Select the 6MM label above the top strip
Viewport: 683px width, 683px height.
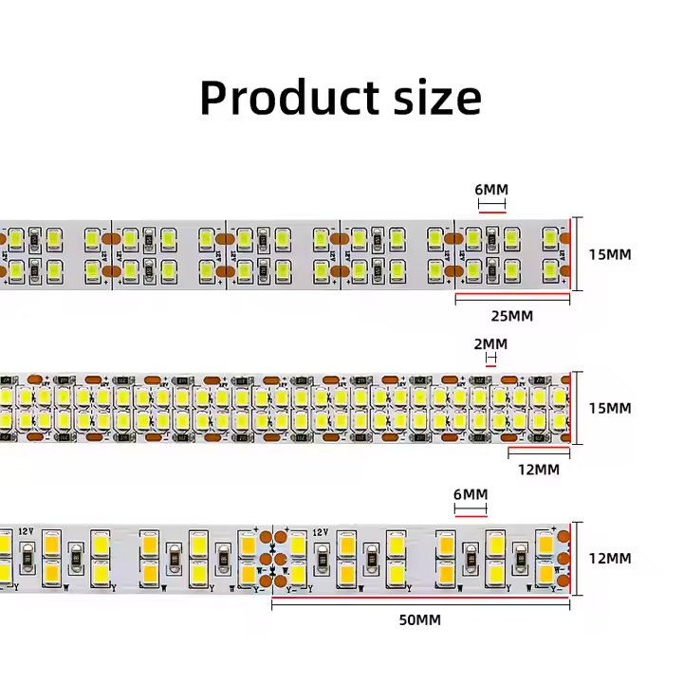pyautogui.click(x=491, y=190)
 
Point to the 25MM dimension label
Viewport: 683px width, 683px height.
pyautogui.click(x=513, y=316)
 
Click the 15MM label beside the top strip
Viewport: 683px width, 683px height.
pyautogui.click(x=609, y=254)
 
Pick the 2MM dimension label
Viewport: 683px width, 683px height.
pyautogui.click(x=491, y=344)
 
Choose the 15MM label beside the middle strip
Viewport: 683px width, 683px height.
pyautogui.click(x=609, y=408)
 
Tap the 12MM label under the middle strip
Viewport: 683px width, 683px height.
pyautogui.click(x=539, y=470)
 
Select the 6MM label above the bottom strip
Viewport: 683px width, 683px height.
pyautogui.click(x=471, y=495)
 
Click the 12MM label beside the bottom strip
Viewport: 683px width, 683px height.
pyautogui.click(x=609, y=559)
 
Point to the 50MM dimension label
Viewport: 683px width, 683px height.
pyautogui.click(x=420, y=620)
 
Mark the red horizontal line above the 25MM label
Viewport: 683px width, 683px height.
pyautogui.click(x=512, y=298)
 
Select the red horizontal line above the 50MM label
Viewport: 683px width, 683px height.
pyautogui.click(x=420, y=601)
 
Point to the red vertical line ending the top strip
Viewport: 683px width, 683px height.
pyautogui.click(x=570, y=254)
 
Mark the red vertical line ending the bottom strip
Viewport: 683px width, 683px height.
pyautogui.click(x=571, y=559)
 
